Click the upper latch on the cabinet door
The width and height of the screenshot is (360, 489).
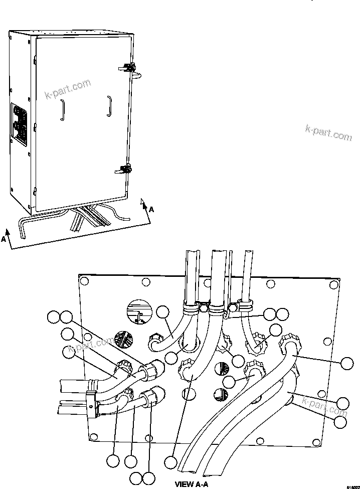pyautogui.click(x=128, y=67)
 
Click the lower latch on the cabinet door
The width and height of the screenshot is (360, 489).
pyautogui.click(x=125, y=169)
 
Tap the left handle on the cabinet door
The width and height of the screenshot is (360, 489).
pyautogui.click(x=62, y=110)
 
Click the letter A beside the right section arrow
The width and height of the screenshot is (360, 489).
pyautogui.click(x=151, y=210)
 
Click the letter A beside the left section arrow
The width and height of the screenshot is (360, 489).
pyautogui.click(x=4, y=239)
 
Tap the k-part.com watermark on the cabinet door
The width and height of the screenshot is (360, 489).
pyautogui.click(x=68, y=89)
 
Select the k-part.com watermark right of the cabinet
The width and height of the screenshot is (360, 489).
pyautogui.click(x=328, y=131)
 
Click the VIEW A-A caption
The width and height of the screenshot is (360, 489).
pyautogui.click(x=191, y=484)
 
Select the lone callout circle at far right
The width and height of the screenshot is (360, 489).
pyautogui.click(x=346, y=363)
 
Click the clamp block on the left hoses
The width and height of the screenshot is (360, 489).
pyautogui.click(x=92, y=404)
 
